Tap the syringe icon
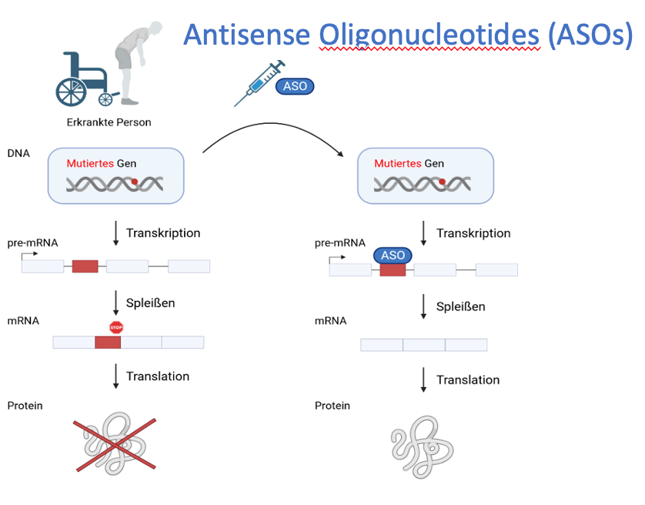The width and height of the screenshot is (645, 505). (x=258, y=83)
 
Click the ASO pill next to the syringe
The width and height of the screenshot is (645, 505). (x=296, y=86)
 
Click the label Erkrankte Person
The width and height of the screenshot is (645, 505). (x=109, y=122)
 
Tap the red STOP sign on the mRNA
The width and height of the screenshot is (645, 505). (x=116, y=327)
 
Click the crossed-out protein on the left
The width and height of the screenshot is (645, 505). (x=115, y=444)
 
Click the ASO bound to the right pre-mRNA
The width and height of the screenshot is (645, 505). (x=393, y=256)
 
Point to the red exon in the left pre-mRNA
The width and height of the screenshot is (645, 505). (x=85, y=266)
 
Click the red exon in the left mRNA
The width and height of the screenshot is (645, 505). (x=108, y=342)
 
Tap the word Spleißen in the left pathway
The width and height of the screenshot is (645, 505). (x=150, y=303)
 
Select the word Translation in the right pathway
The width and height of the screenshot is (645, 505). (x=468, y=380)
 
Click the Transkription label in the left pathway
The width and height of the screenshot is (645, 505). (x=163, y=233)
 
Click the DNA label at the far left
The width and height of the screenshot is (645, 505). (x=18, y=153)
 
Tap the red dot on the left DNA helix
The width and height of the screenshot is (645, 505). (x=135, y=182)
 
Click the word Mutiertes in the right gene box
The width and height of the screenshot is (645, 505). (x=397, y=164)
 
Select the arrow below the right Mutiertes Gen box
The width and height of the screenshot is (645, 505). (x=423, y=233)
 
